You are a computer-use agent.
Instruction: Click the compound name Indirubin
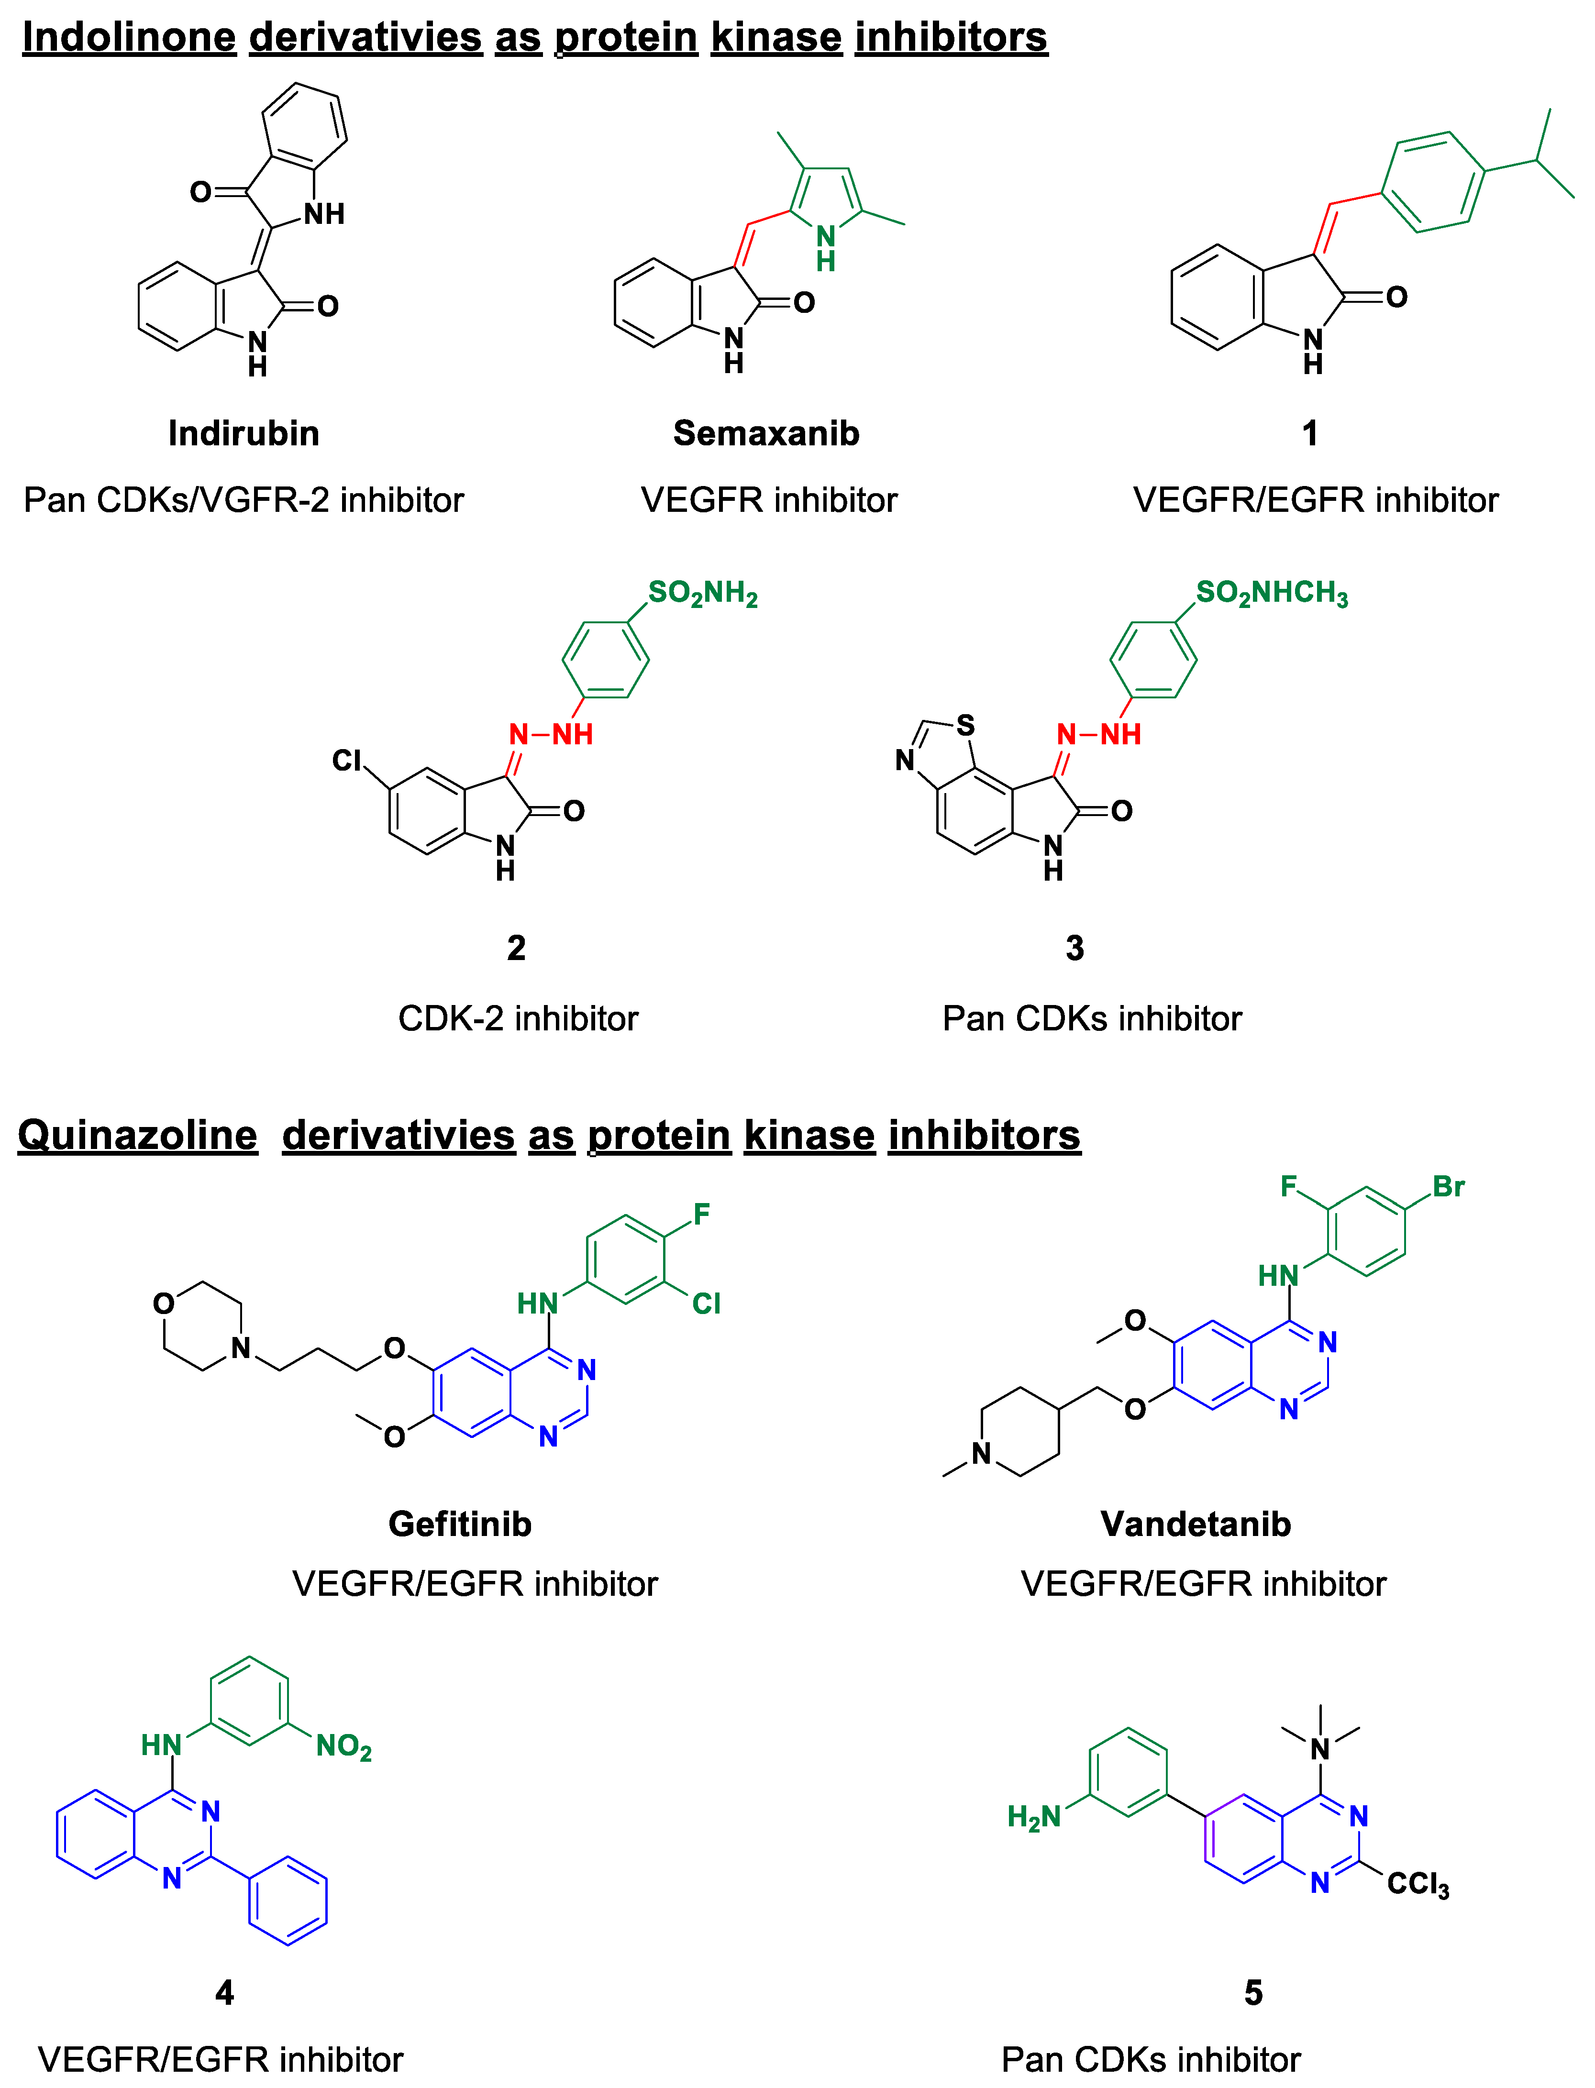pyautogui.click(x=244, y=434)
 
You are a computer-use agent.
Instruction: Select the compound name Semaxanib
pyautogui.click(x=766, y=434)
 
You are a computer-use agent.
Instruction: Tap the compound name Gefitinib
pyautogui.click(x=460, y=1524)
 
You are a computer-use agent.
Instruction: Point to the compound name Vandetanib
pyautogui.click(x=1196, y=1524)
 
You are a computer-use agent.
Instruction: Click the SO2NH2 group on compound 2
pyautogui.click(x=703, y=594)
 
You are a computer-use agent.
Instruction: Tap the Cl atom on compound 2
pyautogui.click(x=346, y=760)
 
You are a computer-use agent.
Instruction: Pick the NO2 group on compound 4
pyautogui.click(x=343, y=1746)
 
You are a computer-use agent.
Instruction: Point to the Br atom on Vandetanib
pyautogui.click(x=1449, y=1186)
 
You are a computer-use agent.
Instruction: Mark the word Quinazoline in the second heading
pyautogui.click(x=138, y=1135)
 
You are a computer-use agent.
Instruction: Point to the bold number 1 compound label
pyautogui.click(x=1310, y=434)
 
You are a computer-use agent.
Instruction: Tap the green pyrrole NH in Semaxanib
pyautogui.click(x=826, y=247)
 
